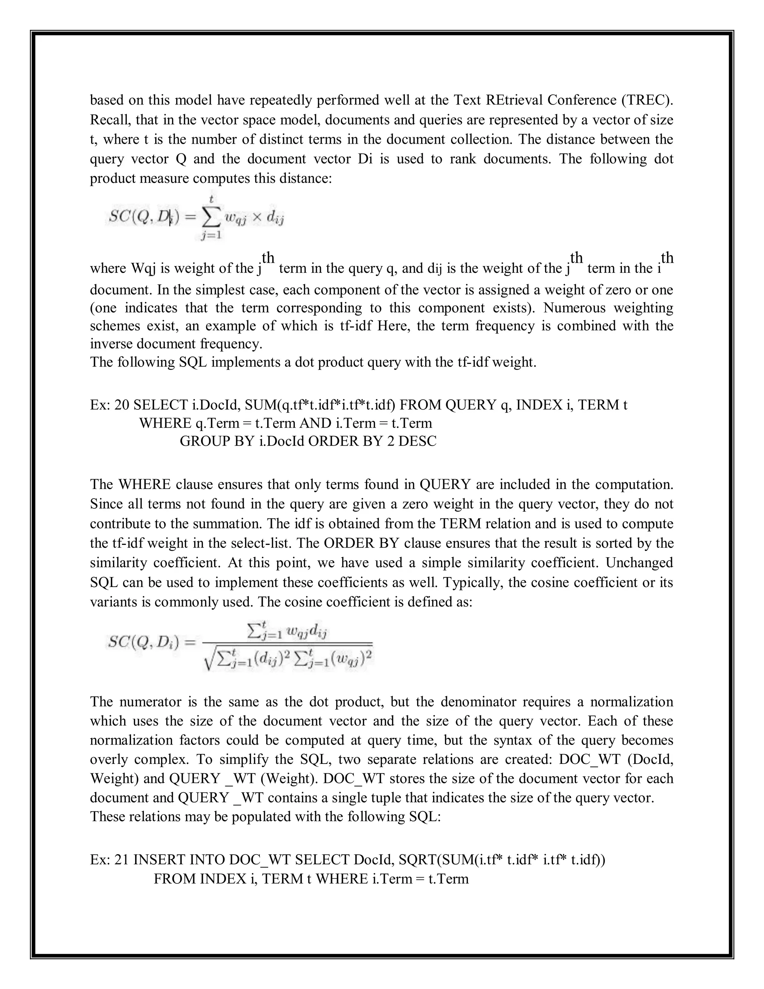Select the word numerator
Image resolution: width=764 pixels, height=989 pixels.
pos(150,702)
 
